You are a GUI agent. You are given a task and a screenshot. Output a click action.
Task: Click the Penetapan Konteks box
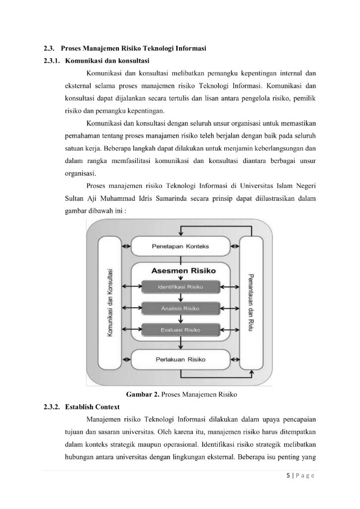tap(180, 247)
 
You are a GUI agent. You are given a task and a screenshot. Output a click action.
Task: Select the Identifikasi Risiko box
tap(180, 287)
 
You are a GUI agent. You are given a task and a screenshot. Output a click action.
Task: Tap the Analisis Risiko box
tap(180, 308)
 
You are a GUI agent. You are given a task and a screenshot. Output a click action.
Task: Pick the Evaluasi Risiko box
tap(180, 330)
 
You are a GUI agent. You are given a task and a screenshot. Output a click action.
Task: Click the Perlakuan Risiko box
tap(180, 359)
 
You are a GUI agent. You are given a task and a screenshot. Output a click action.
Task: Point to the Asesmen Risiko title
tap(180, 271)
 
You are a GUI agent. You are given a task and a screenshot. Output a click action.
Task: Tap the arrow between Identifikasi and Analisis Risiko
tap(180, 297)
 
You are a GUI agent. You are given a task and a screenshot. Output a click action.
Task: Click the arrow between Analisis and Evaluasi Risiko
tap(180, 319)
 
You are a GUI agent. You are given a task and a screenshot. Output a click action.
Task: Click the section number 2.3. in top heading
tap(48, 48)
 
